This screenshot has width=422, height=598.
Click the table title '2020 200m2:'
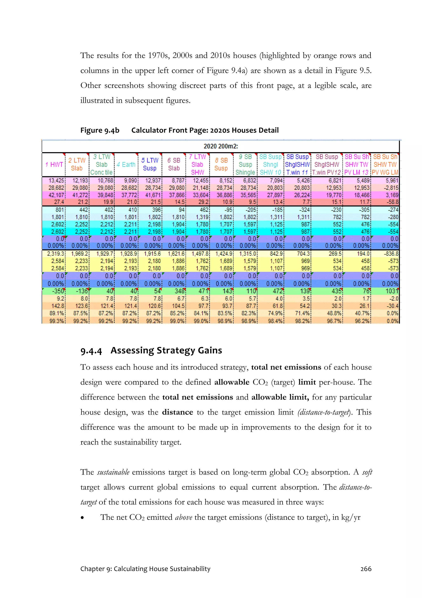220,146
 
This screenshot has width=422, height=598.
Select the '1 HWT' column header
54,165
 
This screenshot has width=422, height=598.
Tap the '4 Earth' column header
126,165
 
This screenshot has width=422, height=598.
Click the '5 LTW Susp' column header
150,164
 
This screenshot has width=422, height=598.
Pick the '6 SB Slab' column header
174,164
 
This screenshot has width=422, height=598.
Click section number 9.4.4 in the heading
91,351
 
